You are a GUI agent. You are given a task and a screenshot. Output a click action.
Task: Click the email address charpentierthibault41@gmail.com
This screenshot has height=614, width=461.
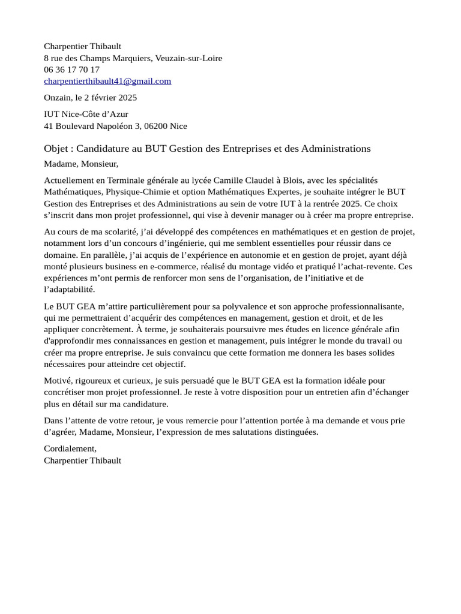tap(107, 81)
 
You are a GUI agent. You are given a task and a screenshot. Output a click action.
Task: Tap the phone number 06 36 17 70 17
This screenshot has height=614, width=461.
tap(71, 70)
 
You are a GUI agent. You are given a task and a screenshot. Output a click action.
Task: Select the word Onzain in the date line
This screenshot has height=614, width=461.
tap(57, 97)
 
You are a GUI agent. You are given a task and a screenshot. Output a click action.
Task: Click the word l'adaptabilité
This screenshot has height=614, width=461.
tap(69, 289)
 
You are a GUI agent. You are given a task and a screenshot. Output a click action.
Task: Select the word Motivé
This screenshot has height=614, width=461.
tap(58, 381)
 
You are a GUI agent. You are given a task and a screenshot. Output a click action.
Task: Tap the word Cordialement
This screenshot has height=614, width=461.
tap(70, 449)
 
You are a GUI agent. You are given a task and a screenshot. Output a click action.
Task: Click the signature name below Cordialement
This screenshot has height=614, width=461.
tap(82, 460)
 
